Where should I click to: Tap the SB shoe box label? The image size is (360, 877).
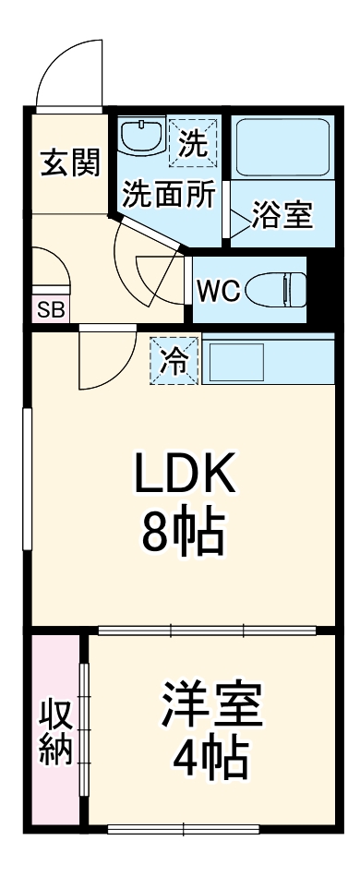tap(51, 309)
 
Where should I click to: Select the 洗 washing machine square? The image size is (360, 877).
tap(193, 142)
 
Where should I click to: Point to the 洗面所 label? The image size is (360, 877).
tap(170, 195)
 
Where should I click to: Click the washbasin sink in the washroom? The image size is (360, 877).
tap(142, 139)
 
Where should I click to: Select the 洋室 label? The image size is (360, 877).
tap(212, 705)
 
